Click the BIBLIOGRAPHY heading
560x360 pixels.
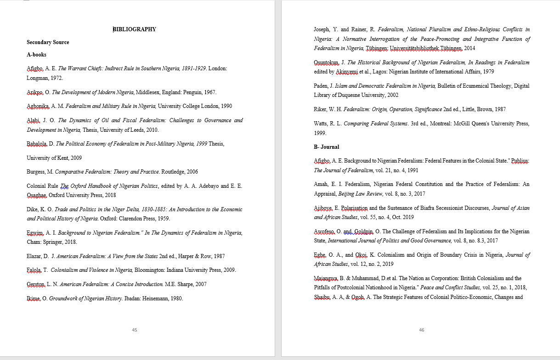pos(135,29)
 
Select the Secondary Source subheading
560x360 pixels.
pos(48,42)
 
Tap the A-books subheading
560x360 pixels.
pos(36,55)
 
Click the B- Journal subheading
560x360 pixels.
pos(326,147)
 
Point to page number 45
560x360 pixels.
pos(134,330)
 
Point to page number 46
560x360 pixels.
pos(422,330)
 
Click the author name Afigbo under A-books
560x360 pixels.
pos(35,68)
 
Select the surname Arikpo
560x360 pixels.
pos(35,92)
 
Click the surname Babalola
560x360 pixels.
pos(37,144)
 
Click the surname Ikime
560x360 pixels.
pos(34,298)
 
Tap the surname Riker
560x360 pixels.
pos(320,109)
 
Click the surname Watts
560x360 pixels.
pos(321,124)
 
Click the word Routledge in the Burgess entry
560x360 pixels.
pos(173,172)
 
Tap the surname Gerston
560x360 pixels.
pos(36,284)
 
